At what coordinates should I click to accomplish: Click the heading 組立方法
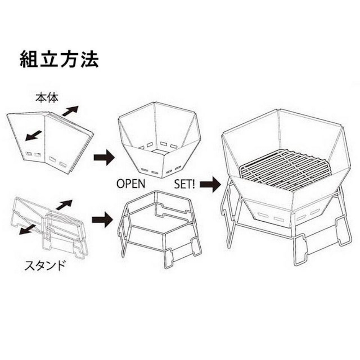[59, 59]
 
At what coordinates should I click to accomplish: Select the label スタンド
[45, 265]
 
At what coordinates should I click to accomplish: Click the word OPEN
[131, 184]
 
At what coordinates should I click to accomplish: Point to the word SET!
[185, 184]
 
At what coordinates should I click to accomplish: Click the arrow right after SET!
[211, 184]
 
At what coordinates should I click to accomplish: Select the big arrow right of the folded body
[104, 157]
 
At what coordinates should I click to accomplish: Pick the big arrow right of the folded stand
[102, 220]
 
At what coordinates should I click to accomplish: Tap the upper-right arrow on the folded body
[70, 111]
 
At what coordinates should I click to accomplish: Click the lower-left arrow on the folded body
[34, 136]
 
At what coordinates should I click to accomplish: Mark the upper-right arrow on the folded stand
[64, 205]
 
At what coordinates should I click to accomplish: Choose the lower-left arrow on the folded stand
[27, 229]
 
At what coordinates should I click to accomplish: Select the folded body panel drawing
[50, 143]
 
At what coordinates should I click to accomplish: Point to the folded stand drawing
[49, 227]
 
